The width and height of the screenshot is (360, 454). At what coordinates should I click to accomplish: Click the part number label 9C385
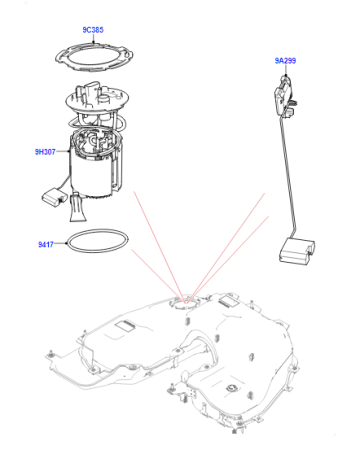pos(93,30)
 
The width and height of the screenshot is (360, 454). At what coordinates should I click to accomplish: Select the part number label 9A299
pos(285,61)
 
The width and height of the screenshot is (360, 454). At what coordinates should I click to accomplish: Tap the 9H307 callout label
pos(45,152)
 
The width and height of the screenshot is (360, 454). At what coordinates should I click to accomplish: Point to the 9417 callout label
pos(46,244)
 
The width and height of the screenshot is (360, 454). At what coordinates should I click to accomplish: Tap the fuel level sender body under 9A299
pos(283,97)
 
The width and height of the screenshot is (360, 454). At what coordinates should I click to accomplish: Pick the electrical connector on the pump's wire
pos(53,197)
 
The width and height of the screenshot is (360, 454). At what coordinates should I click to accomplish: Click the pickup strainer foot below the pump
pos(77,208)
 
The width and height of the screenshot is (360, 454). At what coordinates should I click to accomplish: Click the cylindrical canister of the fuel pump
pos(91,178)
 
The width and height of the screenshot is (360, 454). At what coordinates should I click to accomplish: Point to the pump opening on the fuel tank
pos(186,302)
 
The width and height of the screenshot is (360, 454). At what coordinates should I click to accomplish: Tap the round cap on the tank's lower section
pos(231,388)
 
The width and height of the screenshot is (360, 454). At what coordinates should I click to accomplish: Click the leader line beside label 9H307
pos(62,152)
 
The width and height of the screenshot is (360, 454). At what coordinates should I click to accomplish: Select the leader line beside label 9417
pos(61,244)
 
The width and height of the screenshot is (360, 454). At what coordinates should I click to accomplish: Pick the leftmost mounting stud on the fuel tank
pos(51,354)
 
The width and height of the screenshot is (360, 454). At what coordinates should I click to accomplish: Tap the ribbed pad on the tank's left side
pos(124,326)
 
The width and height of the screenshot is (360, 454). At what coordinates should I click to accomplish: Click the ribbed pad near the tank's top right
pos(229,301)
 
